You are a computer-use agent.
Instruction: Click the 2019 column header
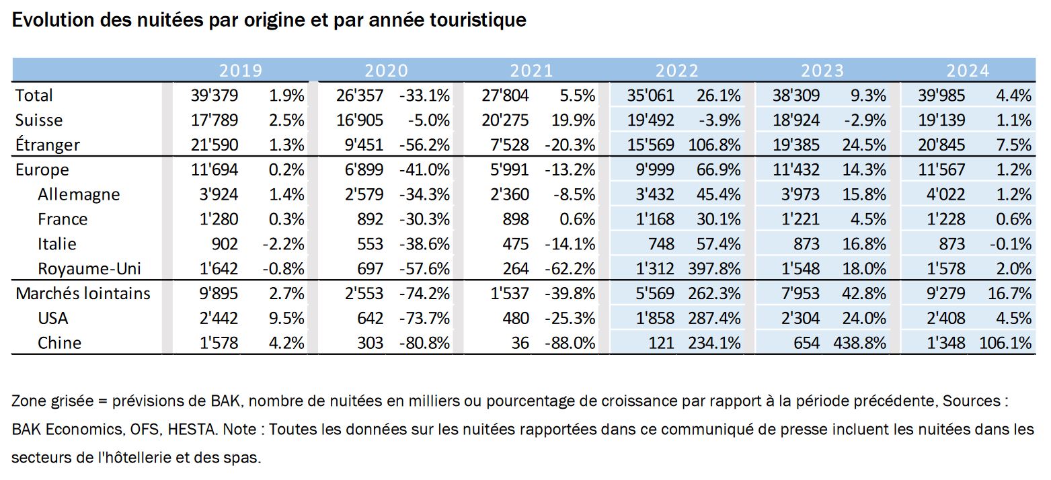tap(241, 71)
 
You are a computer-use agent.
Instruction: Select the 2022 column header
tap(677, 71)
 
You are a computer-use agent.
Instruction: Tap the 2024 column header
tap(968, 71)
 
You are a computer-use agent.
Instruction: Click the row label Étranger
tap(47, 144)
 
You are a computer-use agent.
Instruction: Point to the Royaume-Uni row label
tap(89, 268)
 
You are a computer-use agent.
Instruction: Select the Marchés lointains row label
tap(83, 293)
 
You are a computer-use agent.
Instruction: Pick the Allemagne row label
tap(79, 194)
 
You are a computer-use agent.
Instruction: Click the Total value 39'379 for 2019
tap(215, 95)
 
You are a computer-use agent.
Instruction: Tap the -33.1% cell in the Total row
tap(424, 95)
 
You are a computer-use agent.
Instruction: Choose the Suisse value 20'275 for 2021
tap(505, 120)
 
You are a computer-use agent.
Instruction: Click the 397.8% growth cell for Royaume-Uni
tap(715, 268)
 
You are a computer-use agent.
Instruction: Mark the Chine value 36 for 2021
tap(520, 343)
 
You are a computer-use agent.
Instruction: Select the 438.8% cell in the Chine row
tap(860, 343)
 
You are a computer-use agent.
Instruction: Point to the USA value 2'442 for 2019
tap(219, 318)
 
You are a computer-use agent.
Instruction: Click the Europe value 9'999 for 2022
tap(655, 169)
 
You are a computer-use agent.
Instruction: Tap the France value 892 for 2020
tap(371, 219)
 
